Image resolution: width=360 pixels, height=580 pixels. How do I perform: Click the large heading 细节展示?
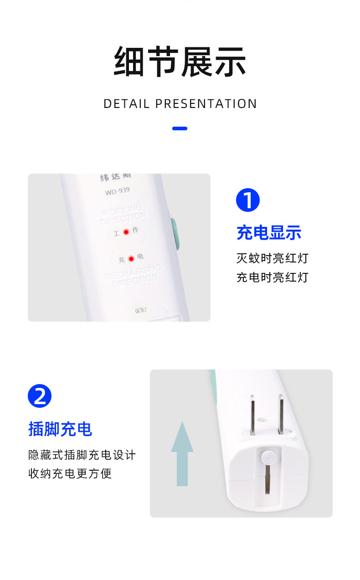coord(180,62)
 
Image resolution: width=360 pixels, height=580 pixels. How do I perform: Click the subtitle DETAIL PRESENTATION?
coord(180,104)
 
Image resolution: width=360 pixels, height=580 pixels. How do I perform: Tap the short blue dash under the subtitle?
coord(180,128)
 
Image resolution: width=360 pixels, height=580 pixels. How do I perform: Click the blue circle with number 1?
coord(248,200)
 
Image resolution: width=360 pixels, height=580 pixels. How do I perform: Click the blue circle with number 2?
coord(40,396)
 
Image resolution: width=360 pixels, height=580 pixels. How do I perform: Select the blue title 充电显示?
coord(269,233)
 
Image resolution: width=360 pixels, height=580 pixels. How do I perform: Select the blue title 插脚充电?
coord(60,429)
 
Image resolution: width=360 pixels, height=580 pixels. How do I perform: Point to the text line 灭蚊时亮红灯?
coord(273,258)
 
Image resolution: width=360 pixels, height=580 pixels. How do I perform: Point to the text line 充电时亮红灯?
coord(273,277)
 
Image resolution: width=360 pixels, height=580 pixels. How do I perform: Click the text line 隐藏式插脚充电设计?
coord(82,455)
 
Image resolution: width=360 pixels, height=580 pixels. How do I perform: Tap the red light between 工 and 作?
coord(126,231)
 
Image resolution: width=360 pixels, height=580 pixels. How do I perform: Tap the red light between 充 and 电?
coord(131,259)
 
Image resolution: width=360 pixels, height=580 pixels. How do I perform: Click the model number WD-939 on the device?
coord(117,192)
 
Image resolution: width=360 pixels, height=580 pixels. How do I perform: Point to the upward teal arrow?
coord(182,454)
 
